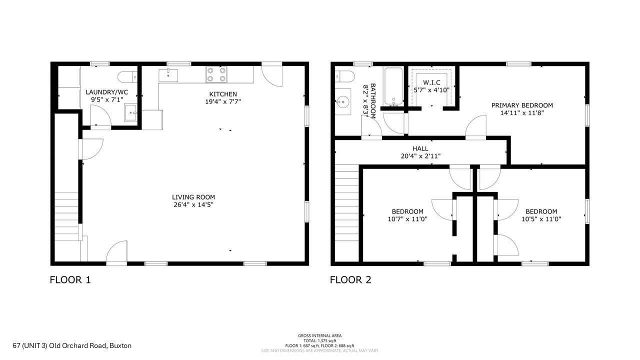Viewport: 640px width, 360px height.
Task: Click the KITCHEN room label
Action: [x=223, y=94]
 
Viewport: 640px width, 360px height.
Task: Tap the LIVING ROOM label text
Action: [x=193, y=197]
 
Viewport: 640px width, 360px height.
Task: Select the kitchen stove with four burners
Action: [x=216, y=74]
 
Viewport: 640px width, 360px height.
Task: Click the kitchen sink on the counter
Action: [x=168, y=75]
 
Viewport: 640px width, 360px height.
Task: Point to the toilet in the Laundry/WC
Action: [x=125, y=77]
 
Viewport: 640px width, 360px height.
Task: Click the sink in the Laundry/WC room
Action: [x=131, y=112]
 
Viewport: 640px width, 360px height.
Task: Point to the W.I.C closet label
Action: [x=431, y=82]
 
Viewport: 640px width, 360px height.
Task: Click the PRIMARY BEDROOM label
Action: [x=522, y=105]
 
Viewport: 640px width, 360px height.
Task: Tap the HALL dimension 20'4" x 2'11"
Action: [x=420, y=156]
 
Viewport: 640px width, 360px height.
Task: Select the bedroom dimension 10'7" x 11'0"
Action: [x=407, y=218]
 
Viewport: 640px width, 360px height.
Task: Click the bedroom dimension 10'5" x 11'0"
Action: [x=541, y=218]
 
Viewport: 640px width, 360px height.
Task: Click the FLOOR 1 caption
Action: [x=70, y=280]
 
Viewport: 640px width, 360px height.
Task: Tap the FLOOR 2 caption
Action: [x=350, y=280]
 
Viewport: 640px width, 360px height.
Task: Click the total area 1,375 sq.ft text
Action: [x=320, y=340]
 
